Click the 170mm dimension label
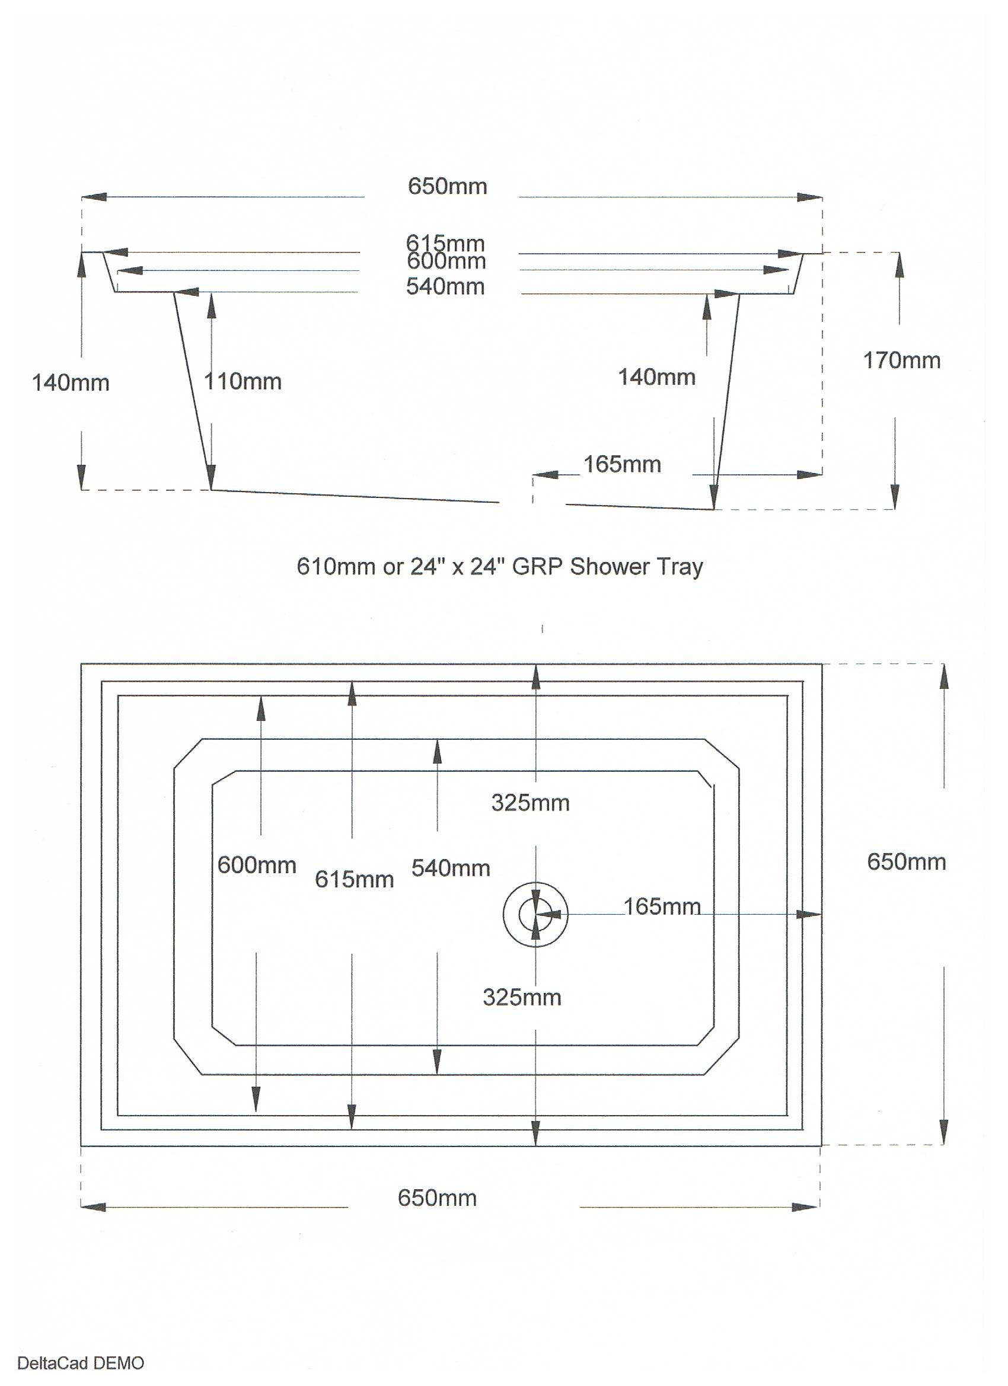click(x=902, y=361)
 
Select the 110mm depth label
click(x=243, y=382)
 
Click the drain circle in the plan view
click(x=535, y=915)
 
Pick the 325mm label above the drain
click(x=530, y=803)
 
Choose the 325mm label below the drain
click(x=522, y=997)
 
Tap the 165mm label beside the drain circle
click(x=662, y=906)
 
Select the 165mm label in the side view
click(x=622, y=464)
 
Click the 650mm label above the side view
click(x=448, y=186)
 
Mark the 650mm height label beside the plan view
click(x=907, y=863)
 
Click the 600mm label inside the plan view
click(x=257, y=866)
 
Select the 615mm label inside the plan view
click(x=355, y=879)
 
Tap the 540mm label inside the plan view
click(x=451, y=868)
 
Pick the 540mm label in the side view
click(x=446, y=286)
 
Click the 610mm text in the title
click(x=336, y=567)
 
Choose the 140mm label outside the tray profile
click(x=71, y=383)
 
